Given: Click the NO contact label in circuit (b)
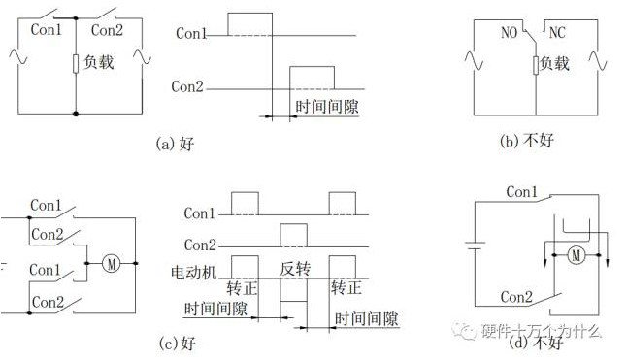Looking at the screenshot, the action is (x=509, y=32).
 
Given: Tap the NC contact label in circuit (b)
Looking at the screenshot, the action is (x=557, y=32).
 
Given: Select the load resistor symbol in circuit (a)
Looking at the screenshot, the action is (x=76, y=64).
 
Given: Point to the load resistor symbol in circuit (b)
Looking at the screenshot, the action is (x=536, y=65).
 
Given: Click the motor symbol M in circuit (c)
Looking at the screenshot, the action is (x=112, y=263).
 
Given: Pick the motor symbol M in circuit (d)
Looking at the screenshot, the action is (x=577, y=255).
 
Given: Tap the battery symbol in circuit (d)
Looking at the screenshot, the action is (x=475, y=245).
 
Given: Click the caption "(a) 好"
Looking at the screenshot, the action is (x=175, y=143).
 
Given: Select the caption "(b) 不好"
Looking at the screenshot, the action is (x=527, y=141).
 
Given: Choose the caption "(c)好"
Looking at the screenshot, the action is (x=178, y=343).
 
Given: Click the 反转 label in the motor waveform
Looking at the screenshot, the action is (x=295, y=269).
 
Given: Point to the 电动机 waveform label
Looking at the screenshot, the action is (x=194, y=273).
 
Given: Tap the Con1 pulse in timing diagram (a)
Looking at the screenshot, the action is (x=249, y=24).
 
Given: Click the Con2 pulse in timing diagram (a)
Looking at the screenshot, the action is (x=312, y=78).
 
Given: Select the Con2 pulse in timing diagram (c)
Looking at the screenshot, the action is (x=294, y=236).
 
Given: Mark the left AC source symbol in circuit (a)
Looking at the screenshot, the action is (x=18, y=56).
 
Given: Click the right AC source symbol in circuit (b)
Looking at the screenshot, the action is (x=598, y=61).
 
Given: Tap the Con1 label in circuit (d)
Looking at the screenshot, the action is (x=521, y=192).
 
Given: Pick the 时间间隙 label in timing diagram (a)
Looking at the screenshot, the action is (x=327, y=107).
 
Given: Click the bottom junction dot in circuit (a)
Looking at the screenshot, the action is (x=76, y=114).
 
